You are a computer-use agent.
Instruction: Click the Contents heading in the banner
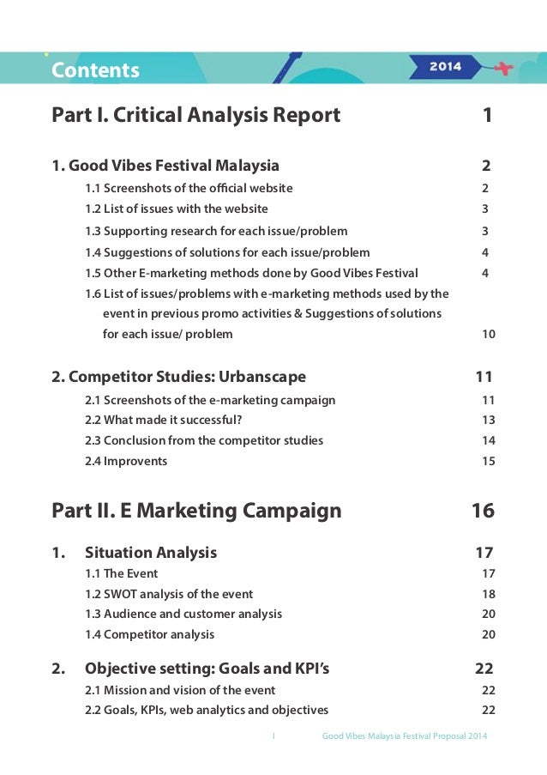pyautogui.click(x=95, y=70)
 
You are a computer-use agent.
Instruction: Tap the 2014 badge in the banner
pyautogui.click(x=445, y=66)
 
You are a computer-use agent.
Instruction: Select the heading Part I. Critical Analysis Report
pyautogui.click(x=196, y=115)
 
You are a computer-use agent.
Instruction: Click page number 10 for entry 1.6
pyautogui.click(x=488, y=334)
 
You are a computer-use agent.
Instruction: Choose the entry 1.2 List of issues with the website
pyautogui.click(x=177, y=209)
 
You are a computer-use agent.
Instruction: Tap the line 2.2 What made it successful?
pyautogui.click(x=164, y=420)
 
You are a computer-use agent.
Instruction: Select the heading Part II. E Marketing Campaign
pyautogui.click(x=196, y=512)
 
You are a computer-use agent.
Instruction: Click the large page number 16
pyautogui.click(x=483, y=512)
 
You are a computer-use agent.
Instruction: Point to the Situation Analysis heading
pyautogui.click(x=151, y=552)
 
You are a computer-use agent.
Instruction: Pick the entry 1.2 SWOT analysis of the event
pyautogui.click(x=169, y=594)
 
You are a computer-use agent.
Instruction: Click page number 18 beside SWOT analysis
pyautogui.click(x=488, y=594)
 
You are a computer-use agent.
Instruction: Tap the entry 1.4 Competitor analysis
pyautogui.click(x=150, y=635)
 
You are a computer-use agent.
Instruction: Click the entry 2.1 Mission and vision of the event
pyautogui.click(x=180, y=690)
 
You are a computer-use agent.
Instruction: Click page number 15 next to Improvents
pyautogui.click(x=488, y=461)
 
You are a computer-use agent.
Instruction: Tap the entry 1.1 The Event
pyautogui.click(x=122, y=573)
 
